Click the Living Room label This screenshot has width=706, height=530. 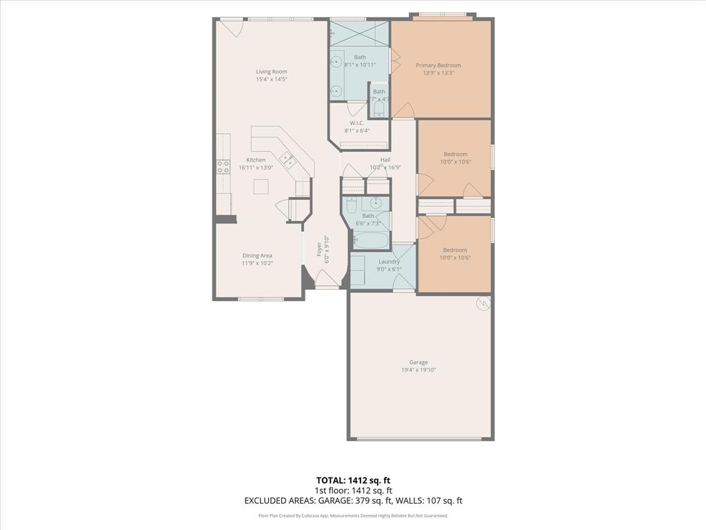tap(271, 72)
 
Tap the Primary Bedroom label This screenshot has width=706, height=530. tap(438, 66)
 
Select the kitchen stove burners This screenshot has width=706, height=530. tap(223, 166)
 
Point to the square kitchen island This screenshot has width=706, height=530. tap(261, 187)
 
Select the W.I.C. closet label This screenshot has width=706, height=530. tap(356, 124)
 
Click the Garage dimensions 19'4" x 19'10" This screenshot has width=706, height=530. tap(418, 370)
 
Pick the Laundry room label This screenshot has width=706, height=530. tap(389, 262)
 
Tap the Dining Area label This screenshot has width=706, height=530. tap(256, 255)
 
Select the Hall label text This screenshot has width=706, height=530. tap(385, 159)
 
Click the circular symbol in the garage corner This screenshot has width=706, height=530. tap(483, 302)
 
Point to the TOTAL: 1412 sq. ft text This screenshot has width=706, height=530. tap(353, 480)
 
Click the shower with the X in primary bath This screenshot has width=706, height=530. tap(359, 32)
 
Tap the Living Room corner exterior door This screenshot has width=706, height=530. tap(231, 28)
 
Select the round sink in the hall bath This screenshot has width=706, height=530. tap(376, 203)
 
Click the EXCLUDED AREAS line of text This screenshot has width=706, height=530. tap(353, 501)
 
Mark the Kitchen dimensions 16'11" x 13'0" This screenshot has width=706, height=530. tap(256, 168)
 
